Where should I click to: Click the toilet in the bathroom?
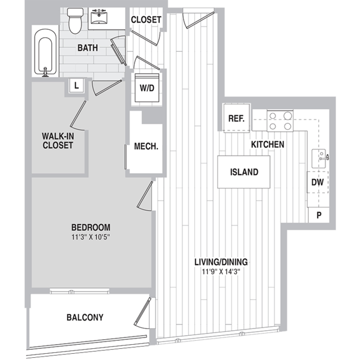(x=75, y=21)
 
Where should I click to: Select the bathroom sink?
(x=99, y=16)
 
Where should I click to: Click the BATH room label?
(x=88, y=48)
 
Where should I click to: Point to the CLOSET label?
(x=146, y=20)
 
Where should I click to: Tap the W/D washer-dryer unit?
(x=147, y=88)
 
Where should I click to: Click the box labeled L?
(x=77, y=86)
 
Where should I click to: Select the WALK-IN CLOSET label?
(x=58, y=140)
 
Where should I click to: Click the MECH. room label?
(x=146, y=146)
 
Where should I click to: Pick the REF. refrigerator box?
(x=237, y=118)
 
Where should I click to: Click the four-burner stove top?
(x=280, y=121)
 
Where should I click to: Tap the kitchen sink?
(x=319, y=158)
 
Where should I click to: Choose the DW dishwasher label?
(x=318, y=183)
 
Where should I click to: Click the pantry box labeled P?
(x=319, y=215)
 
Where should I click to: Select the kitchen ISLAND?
(x=244, y=172)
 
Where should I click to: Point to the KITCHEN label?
(x=268, y=144)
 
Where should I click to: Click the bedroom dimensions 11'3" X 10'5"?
(x=91, y=237)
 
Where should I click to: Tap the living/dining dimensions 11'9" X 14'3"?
(x=221, y=272)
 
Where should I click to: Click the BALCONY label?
(x=85, y=317)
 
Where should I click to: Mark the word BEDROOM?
(x=91, y=227)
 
